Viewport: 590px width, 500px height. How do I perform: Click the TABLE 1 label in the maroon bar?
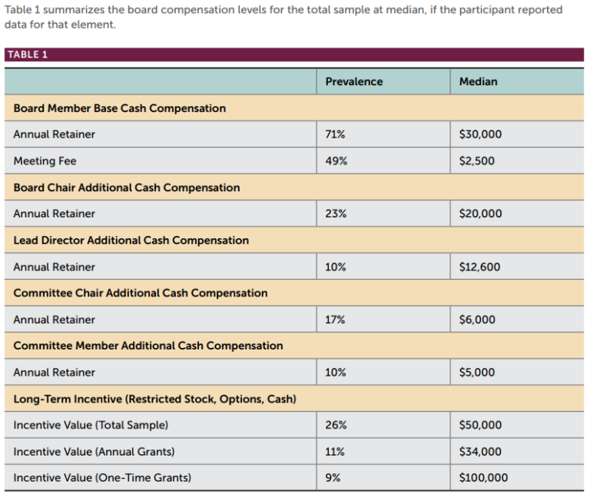pos(27,55)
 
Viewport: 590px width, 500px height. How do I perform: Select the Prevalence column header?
pos(353,81)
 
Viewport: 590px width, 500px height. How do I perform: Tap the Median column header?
pos(478,81)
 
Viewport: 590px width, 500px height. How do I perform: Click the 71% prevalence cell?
pos(335,134)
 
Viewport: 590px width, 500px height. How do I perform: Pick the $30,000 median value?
pos(480,134)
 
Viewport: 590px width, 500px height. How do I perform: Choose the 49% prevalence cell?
pos(336,161)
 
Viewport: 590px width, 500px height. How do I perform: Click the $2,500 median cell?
pos(476,161)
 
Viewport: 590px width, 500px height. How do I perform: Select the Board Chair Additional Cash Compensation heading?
pos(127,187)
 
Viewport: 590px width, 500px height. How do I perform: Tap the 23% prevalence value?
pos(336,214)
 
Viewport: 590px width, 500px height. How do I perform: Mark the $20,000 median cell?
pos(480,214)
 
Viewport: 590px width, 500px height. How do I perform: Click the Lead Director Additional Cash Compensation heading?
pos(131,240)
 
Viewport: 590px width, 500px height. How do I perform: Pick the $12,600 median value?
pos(479,267)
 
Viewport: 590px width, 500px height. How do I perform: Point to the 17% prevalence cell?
pos(335,320)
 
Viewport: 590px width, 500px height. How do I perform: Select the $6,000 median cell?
pos(477,320)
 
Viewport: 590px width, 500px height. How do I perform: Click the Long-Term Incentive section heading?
pos(154,399)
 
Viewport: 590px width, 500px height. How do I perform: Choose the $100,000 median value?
pos(483,478)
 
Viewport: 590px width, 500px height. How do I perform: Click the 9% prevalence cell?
pos(333,478)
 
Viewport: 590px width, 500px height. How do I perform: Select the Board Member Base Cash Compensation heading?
pos(120,108)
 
